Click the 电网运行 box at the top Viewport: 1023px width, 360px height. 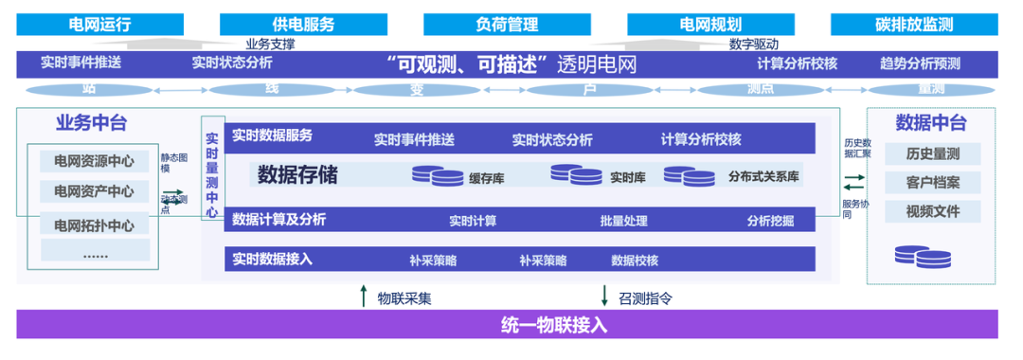(x=97, y=25)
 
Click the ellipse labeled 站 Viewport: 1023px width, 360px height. (x=89, y=90)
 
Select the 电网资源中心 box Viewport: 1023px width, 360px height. (x=94, y=161)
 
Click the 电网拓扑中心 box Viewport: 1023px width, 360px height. (x=94, y=225)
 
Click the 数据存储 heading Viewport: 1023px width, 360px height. (x=296, y=175)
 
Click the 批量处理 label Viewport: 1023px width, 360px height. (x=623, y=221)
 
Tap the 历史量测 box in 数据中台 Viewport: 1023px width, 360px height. (x=931, y=154)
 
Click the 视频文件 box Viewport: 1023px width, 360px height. (x=931, y=211)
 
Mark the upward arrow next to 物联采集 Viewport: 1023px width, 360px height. (x=363, y=297)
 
